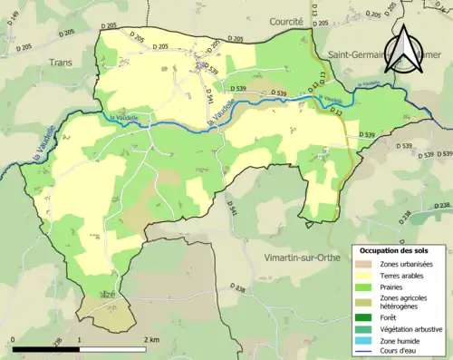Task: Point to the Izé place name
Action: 108,295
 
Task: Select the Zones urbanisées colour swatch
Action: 366,263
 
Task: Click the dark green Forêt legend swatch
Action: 366,317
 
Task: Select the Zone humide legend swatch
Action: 366,341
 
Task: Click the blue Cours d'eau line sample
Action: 366,352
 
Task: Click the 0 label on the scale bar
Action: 14,339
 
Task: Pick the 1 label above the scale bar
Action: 80,339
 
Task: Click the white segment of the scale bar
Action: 112,349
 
